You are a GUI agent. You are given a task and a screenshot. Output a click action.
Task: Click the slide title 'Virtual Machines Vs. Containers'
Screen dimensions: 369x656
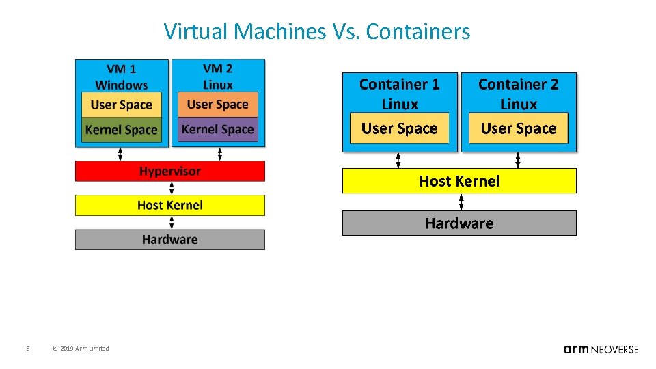[317, 31]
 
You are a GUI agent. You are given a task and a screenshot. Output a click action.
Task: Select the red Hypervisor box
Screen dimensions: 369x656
[169, 171]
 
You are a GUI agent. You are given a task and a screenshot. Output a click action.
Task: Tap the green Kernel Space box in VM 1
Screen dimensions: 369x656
[121, 130]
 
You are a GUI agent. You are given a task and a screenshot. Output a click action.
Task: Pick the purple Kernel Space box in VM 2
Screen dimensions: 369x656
[218, 129]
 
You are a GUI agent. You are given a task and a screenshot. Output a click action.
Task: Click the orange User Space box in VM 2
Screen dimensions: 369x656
[218, 105]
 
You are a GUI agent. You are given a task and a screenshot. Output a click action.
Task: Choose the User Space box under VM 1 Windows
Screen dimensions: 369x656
[121, 105]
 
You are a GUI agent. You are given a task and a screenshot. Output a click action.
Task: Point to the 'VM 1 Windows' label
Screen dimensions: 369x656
[121, 77]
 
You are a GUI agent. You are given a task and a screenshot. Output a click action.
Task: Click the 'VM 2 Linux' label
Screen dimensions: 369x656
[218, 76]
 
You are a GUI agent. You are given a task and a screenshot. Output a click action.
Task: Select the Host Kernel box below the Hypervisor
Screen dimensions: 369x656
[169, 205]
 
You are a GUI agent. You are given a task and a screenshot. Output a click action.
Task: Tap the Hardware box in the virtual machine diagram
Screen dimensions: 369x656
[169, 239]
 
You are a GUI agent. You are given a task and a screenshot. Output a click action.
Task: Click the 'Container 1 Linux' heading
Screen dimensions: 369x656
[400, 94]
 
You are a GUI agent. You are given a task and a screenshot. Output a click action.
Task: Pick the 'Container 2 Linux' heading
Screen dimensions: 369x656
[518, 94]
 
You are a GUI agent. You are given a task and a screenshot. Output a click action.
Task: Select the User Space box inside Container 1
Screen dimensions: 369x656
[400, 128]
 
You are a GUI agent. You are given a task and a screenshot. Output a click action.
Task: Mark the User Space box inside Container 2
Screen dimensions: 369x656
[519, 128]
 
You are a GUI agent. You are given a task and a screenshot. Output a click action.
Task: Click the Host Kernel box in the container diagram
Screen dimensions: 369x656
[459, 181]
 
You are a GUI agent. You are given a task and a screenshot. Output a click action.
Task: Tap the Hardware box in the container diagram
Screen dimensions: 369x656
[459, 223]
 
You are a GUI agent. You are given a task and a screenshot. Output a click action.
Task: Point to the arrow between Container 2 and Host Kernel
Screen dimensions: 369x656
[518, 160]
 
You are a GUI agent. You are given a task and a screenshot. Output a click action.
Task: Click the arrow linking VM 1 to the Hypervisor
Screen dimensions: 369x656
[121, 154]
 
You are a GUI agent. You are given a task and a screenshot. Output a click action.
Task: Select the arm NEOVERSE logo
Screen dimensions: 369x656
[601, 348]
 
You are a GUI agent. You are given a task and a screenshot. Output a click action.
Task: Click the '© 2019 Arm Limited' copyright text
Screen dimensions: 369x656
[81, 348]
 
